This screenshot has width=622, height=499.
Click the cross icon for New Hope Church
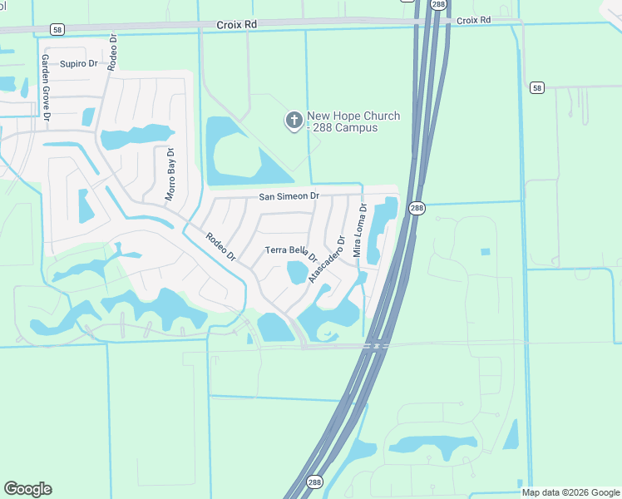tap(294, 121)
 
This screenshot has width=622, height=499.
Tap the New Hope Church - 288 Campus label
tap(353, 122)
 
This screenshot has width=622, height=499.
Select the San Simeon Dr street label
tap(289, 196)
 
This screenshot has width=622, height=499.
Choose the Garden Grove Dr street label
tap(47, 88)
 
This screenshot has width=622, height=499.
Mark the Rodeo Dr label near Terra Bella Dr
tap(221, 246)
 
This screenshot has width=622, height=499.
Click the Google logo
tap(27, 489)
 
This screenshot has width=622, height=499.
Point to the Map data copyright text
tap(570, 492)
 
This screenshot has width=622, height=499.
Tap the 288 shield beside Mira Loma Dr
tap(417, 208)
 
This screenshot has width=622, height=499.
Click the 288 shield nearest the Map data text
tap(313, 482)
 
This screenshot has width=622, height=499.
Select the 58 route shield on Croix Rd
tap(57, 29)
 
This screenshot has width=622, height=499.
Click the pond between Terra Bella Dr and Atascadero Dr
tap(297, 272)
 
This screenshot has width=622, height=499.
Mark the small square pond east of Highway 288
tap(485, 251)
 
